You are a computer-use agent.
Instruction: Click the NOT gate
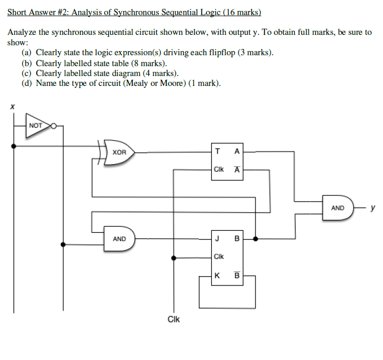37,126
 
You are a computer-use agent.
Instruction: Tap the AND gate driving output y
339,208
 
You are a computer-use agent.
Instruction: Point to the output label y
372,208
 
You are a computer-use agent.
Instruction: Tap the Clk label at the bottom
174,319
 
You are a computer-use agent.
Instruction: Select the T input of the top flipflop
216,152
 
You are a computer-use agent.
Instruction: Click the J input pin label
216,239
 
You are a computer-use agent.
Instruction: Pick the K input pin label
216,276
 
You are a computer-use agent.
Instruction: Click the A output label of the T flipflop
237,152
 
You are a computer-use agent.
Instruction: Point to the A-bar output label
237,169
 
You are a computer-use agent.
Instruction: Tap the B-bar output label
237,276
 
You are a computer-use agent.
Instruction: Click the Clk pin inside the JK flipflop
219,257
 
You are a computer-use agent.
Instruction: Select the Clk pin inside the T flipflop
219,169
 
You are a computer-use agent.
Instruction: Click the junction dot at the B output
255,239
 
